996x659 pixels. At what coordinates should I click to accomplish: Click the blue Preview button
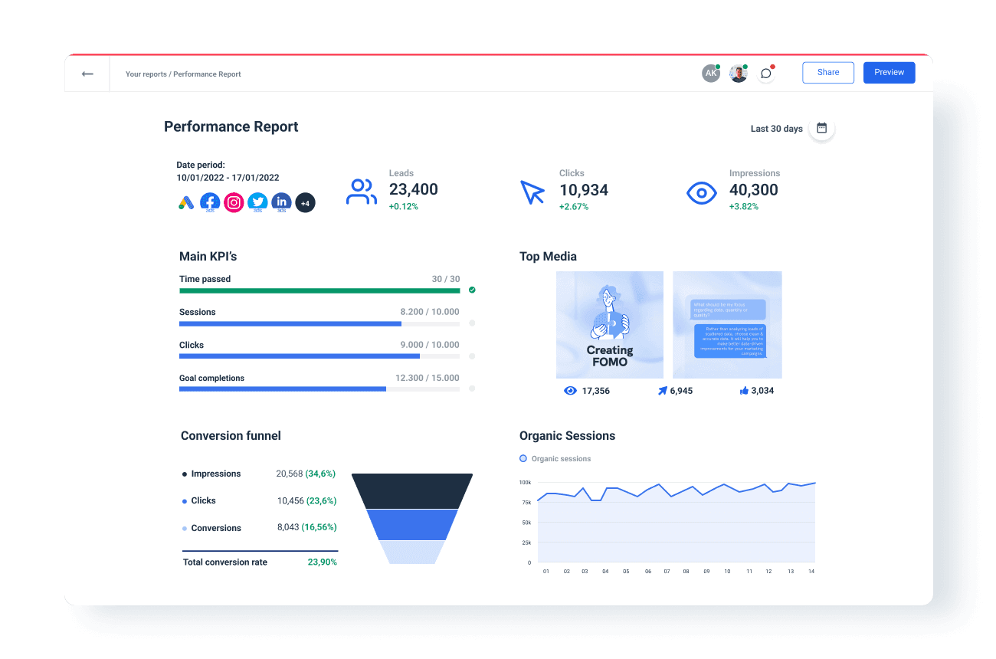pyautogui.click(x=889, y=73)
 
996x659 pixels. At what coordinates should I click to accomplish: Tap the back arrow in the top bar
pyautogui.click(x=87, y=74)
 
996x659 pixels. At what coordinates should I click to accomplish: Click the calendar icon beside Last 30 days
pyautogui.click(x=821, y=128)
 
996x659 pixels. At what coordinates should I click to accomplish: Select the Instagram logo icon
pyautogui.click(x=234, y=202)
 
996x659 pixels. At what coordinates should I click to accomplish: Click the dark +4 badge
pyautogui.click(x=305, y=202)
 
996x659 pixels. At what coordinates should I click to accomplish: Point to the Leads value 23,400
pyautogui.click(x=413, y=190)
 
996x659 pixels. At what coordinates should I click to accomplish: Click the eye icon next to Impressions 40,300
pyautogui.click(x=701, y=192)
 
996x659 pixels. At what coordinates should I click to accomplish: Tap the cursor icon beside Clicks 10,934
pyautogui.click(x=532, y=192)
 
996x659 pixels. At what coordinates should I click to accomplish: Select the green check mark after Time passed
pyautogui.click(x=472, y=290)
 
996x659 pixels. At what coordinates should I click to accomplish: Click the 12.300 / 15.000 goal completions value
pyautogui.click(x=427, y=378)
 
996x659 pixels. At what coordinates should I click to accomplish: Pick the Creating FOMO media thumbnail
pyautogui.click(x=610, y=325)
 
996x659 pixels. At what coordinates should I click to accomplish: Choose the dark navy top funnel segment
pyautogui.click(x=412, y=490)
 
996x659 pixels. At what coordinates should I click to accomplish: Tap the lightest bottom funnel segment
pyautogui.click(x=412, y=552)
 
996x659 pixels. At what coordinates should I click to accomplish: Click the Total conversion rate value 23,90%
pyautogui.click(x=322, y=562)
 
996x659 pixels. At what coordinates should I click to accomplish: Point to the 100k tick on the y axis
pyautogui.click(x=525, y=483)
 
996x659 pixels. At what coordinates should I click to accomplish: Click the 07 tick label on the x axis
pyautogui.click(x=667, y=572)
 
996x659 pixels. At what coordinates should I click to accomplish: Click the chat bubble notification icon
pyautogui.click(x=765, y=74)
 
